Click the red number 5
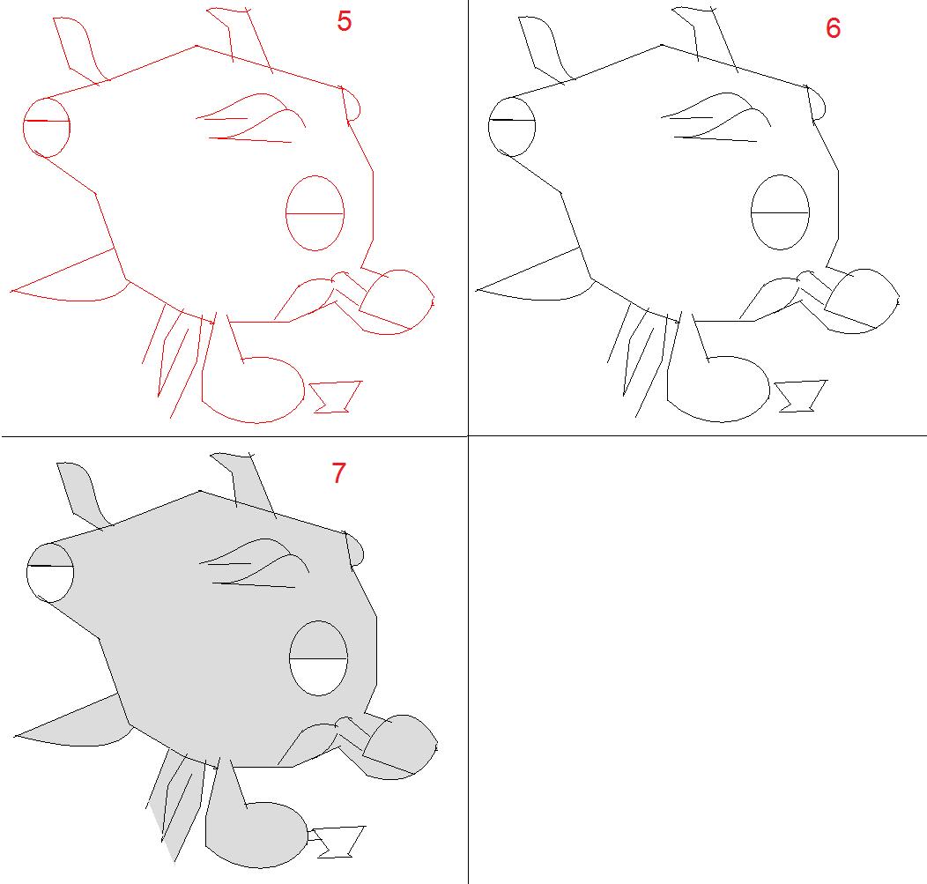click(344, 21)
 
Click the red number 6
click(833, 28)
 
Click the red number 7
click(338, 473)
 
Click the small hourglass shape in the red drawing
click(335, 397)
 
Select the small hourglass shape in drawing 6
click(800, 396)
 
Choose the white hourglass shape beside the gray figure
click(338, 842)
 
